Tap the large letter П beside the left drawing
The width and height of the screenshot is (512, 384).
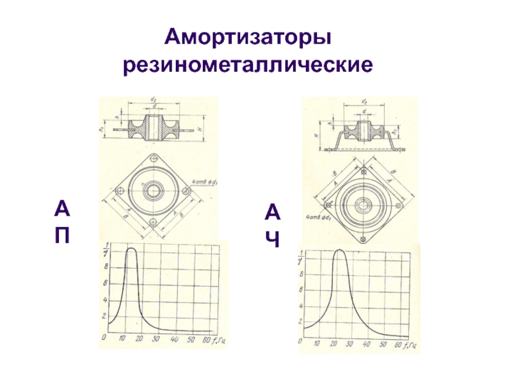pyautogui.click(x=62, y=234)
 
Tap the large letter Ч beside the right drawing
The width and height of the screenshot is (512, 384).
pyautogui.click(x=272, y=237)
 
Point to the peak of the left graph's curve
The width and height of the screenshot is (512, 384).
pyautogui.click(x=132, y=249)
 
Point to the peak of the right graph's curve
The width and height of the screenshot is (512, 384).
pyautogui.click(x=339, y=250)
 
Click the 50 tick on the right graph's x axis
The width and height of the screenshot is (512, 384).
pyautogui.click(x=383, y=344)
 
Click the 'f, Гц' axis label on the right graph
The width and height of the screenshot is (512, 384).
pyautogui.click(x=410, y=345)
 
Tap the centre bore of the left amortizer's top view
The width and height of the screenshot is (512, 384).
pyautogui.click(x=153, y=191)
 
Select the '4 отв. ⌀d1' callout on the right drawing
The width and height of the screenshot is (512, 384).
pyautogui.click(x=318, y=218)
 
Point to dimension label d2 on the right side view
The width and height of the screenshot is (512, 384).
pyautogui.click(x=364, y=102)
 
